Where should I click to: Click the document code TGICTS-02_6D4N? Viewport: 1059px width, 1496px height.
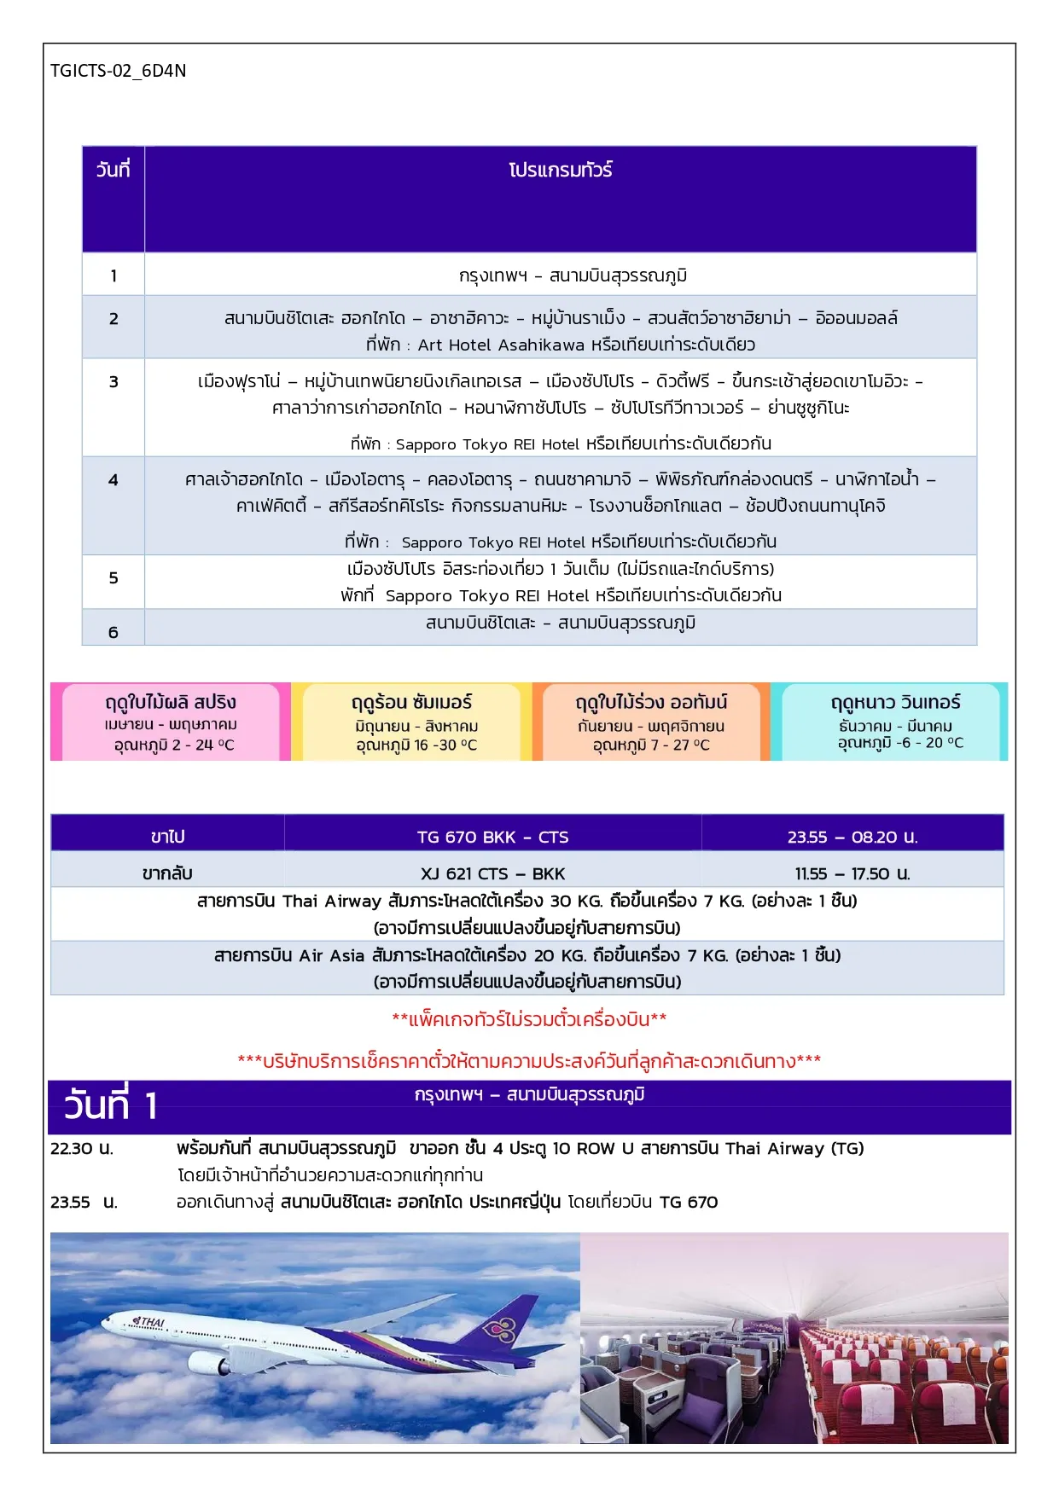pos(118,71)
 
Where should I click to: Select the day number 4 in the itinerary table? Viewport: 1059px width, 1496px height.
pos(113,480)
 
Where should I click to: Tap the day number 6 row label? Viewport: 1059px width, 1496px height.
pos(113,632)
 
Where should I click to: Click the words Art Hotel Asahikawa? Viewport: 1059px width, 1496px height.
pos(501,345)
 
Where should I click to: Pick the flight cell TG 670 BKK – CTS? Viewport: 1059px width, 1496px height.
pos(492,837)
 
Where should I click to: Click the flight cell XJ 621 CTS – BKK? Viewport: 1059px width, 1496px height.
pos(492,873)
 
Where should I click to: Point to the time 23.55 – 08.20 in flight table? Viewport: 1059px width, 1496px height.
pos(852,837)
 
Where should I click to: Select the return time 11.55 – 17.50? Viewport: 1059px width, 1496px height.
pos(852,873)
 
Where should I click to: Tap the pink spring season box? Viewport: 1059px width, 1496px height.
pos(171,722)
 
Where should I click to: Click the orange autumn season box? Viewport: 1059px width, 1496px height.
pos(651,722)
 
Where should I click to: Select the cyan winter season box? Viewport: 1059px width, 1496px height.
pos(895,722)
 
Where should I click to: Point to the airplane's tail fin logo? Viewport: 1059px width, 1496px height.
pos(500,1330)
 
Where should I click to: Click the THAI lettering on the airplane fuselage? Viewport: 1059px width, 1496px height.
pos(150,1322)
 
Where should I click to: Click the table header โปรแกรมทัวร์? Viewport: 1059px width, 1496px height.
pos(561,170)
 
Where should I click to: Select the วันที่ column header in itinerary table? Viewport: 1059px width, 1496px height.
pos(113,170)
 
